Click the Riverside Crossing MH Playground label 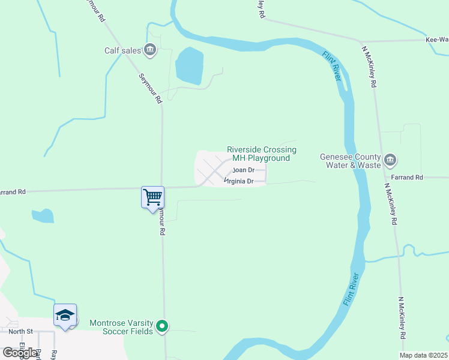(261, 154)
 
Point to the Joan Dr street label (244, 170)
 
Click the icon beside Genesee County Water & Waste (390, 160)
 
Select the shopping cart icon (152, 197)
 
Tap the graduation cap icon (65, 314)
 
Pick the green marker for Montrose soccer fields (161, 327)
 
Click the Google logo (20, 352)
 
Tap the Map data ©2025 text (423, 355)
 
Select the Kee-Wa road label (437, 40)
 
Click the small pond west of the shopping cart (42, 215)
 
